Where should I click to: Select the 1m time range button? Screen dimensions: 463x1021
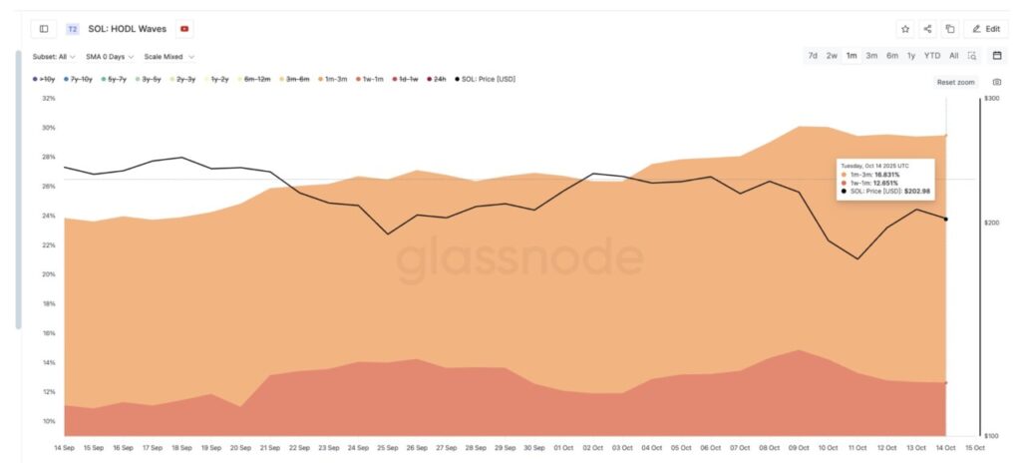pyautogui.click(x=851, y=56)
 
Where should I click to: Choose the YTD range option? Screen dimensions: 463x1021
pyautogui.click(x=931, y=56)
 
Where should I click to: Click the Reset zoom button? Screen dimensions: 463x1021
pyautogui.click(x=955, y=82)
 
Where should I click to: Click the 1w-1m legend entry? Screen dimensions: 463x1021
pyautogui.click(x=373, y=79)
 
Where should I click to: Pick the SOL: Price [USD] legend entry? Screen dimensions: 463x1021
pyautogui.click(x=487, y=79)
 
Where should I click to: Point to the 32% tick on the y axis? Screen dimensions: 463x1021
pyautogui.click(x=49, y=99)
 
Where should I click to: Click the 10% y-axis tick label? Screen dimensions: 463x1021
pyautogui.click(x=49, y=421)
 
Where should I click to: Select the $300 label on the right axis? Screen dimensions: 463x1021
pyautogui.click(x=991, y=99)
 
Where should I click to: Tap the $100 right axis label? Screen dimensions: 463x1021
pyautogui.click(x=991, y=436)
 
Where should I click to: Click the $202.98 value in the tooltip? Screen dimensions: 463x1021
pyautogui.click(x=914, y=191)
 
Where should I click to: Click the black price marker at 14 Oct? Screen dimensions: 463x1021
pyautogui.click(x=945, y=220)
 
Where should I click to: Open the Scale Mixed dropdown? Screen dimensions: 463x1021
pyautogui.click(x=169, y=57)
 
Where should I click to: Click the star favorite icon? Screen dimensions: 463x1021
pyautogui.click(x=904, y=29)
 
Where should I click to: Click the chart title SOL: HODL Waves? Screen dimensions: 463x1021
pyautogui.click(x=127, y=29)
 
